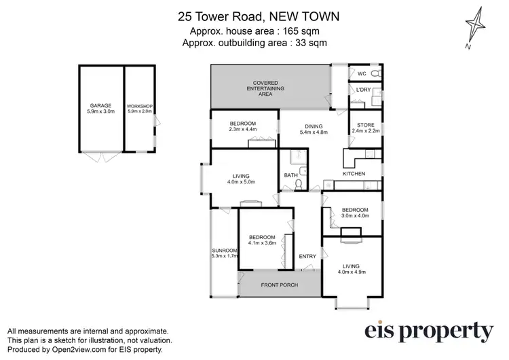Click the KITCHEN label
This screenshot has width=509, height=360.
354,175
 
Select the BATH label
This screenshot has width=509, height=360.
290,176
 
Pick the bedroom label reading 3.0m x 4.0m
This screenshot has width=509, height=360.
355,213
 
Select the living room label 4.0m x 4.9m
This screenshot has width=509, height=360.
351,268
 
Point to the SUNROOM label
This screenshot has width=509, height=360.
224,253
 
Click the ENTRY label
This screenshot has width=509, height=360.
307,256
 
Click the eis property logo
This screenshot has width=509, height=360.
428,331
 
